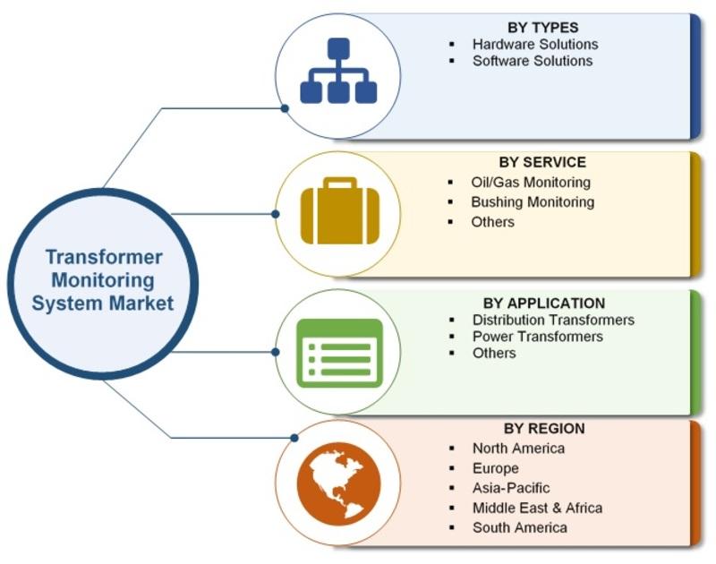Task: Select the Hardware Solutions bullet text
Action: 535,44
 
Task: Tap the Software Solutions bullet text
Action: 533,61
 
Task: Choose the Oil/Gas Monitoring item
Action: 531,183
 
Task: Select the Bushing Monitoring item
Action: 533,202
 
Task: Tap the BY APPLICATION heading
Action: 543,303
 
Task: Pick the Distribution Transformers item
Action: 553,320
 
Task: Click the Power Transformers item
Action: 538,337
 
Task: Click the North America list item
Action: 518,448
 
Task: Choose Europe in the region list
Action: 495,468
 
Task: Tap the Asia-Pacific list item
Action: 511,488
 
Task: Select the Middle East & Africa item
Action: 537,508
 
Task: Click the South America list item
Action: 519,527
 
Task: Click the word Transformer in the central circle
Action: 104,258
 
